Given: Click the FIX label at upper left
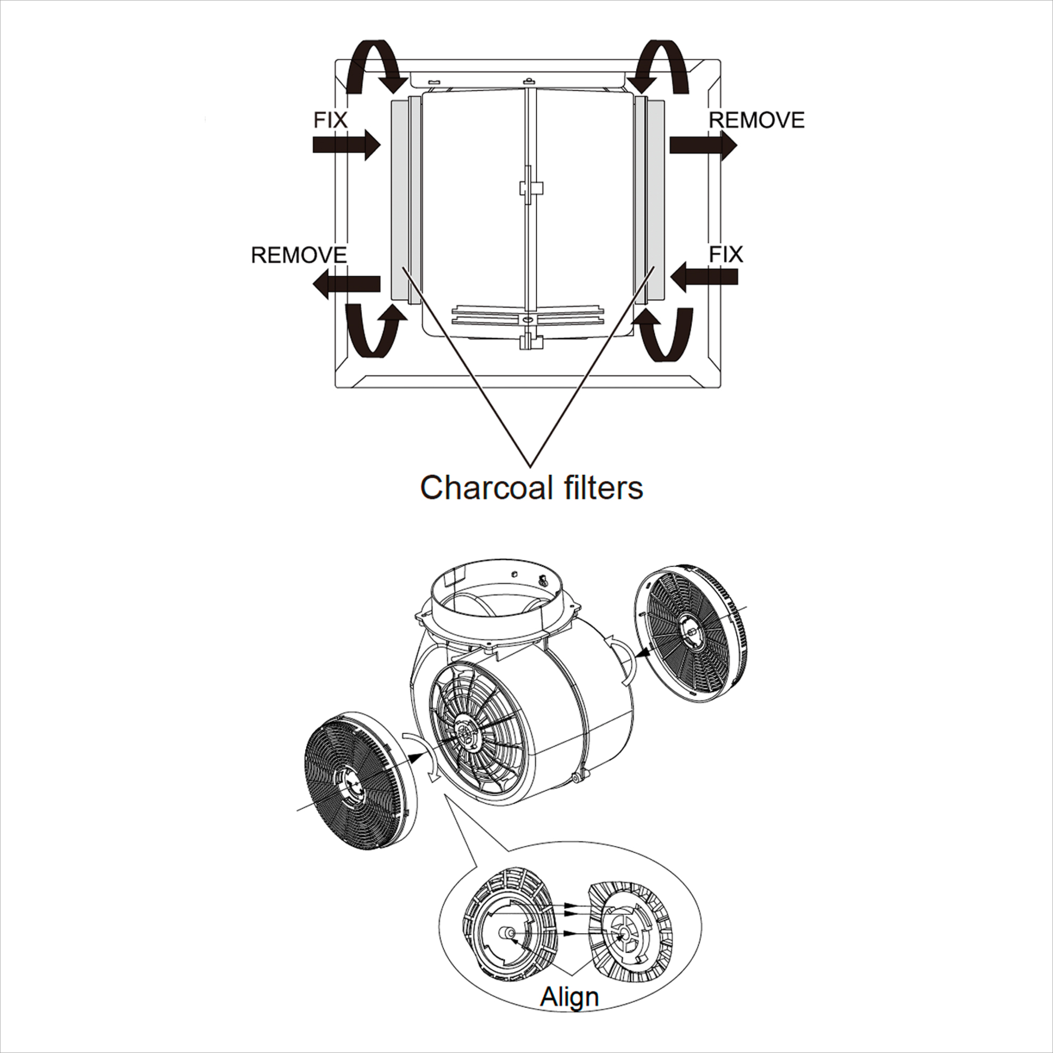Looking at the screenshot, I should pyautogui.click(x=330, y=120).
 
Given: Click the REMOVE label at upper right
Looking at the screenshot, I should pyautogui.click(x=757, y=120).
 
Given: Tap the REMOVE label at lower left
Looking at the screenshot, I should pyautogui.click(x=299, y=255).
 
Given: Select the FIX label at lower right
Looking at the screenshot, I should pyautogui.click(x=726, y=254).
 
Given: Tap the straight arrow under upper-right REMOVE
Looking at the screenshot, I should pyautogui.click(x=703, y=145).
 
